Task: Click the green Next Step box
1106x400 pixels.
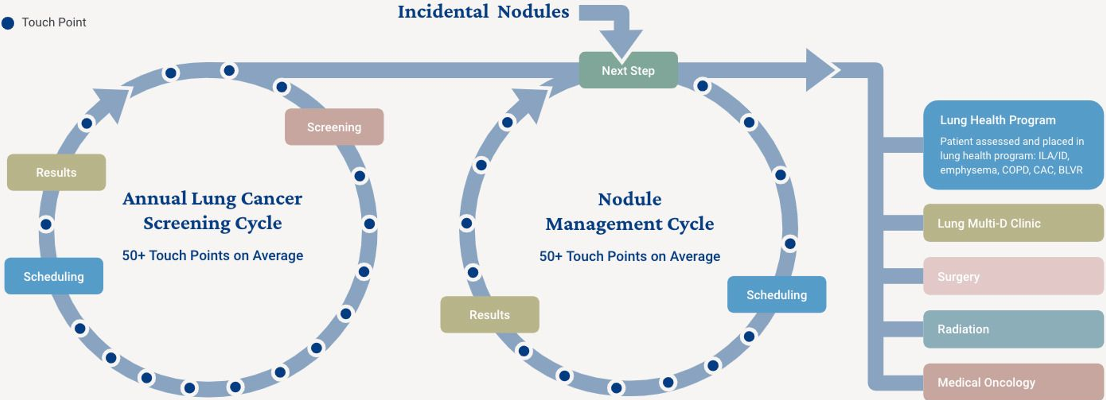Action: pos(628,71)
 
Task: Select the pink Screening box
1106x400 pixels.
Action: pos(334,127)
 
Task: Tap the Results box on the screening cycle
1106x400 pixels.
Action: pos(56,172)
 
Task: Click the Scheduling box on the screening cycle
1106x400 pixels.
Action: pos(54,276)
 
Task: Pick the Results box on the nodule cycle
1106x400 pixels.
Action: pos(489,315)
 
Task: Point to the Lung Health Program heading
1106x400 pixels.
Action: pos(997,120)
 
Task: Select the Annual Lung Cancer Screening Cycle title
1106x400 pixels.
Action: pos(213,211)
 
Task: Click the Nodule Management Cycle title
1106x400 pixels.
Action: pos(629,211)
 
